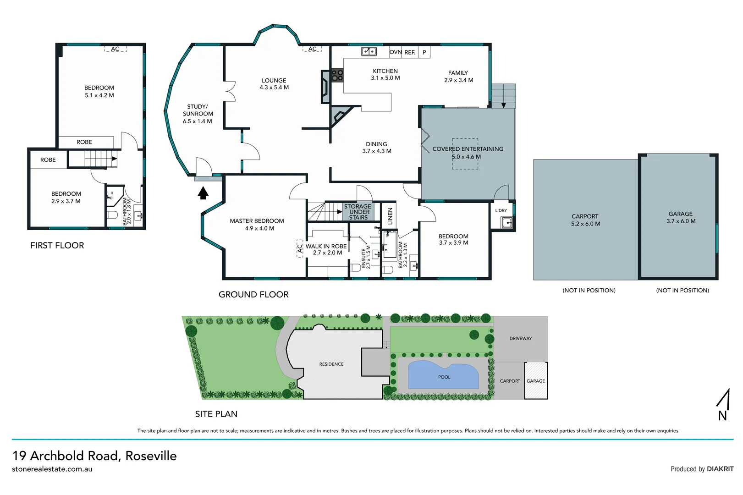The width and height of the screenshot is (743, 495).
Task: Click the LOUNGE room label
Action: tap(274, 81)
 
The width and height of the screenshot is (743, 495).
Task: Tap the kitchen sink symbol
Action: tap(369, 51)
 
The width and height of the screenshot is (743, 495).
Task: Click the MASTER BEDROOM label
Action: tap(257, 221)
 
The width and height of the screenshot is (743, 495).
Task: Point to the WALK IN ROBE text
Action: tap(326, 246)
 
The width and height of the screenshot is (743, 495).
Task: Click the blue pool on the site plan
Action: tap(442, 376)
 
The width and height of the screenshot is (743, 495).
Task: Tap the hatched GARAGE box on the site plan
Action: tap(536, 381)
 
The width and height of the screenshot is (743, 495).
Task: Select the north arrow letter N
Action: tap(722, 415)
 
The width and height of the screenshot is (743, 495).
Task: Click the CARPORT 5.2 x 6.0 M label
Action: tap(585, 220)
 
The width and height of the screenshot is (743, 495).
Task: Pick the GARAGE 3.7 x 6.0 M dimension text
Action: tap(681, 221)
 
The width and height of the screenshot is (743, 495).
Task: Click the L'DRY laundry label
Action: tap(501, 210)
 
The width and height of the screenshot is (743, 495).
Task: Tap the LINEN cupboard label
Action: tap(390, 215)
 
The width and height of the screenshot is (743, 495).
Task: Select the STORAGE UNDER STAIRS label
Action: tap(358, 212)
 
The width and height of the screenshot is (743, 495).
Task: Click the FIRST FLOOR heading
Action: tap(57, 245)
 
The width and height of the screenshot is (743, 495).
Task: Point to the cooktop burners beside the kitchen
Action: tap(337, 76)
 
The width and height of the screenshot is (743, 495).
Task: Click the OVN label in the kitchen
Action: tap(395, 52)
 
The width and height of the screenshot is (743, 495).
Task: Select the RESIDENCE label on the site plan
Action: tap(331, 364)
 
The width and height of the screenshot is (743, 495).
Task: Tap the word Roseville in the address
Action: tap(151, 456)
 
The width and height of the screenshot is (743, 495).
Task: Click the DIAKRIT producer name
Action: tap(720, 469)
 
